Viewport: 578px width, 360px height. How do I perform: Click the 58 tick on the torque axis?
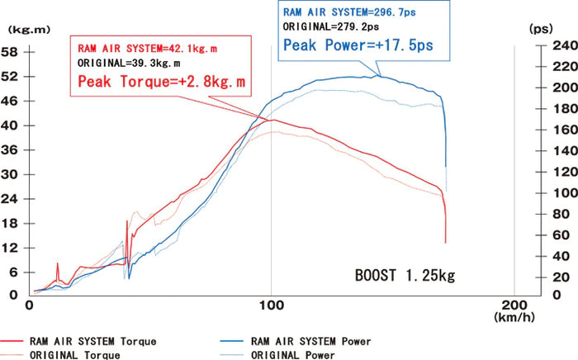[13, 51]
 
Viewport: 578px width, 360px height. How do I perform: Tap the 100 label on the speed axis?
[271, 306]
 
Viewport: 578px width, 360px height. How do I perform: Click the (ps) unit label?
[541, 28]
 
